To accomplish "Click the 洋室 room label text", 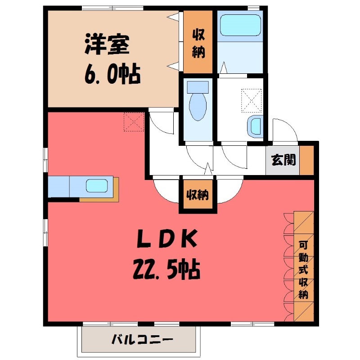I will point(107,45).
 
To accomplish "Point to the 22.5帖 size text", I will point(166,270).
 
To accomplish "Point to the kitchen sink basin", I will point(96,185).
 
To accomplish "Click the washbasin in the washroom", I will point(256,126).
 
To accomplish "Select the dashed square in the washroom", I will point(251,99).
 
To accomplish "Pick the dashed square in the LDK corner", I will point(134,121).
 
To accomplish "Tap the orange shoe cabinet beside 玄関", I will point(307,160).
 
